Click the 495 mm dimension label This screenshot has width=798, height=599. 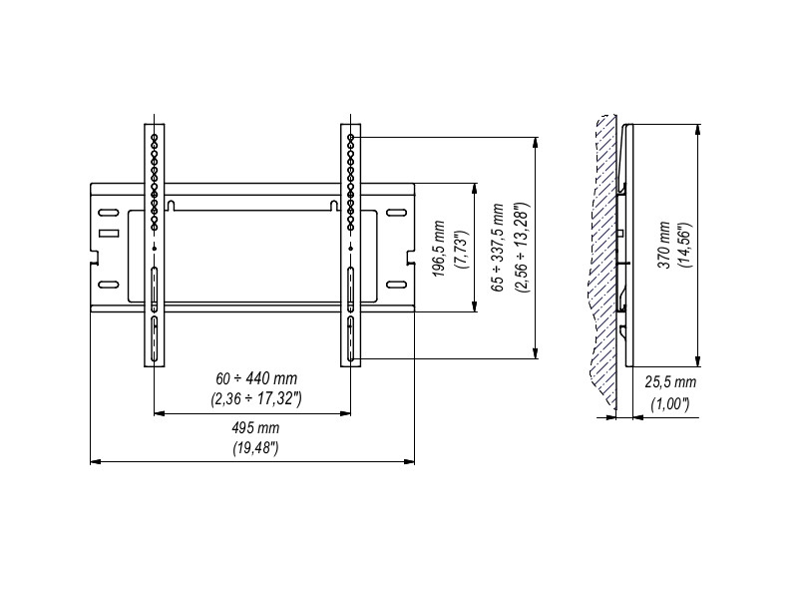[253, 427]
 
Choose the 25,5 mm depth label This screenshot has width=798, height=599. [670, 382]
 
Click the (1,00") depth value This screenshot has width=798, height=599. [670, 403]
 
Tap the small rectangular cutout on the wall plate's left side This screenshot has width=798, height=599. [108, 234]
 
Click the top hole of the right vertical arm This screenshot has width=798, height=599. [351, 135]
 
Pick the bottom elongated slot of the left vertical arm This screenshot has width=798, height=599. [155, 341]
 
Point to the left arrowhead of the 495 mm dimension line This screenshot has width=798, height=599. [94, 461]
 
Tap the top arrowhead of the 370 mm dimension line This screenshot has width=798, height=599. [698, 127]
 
